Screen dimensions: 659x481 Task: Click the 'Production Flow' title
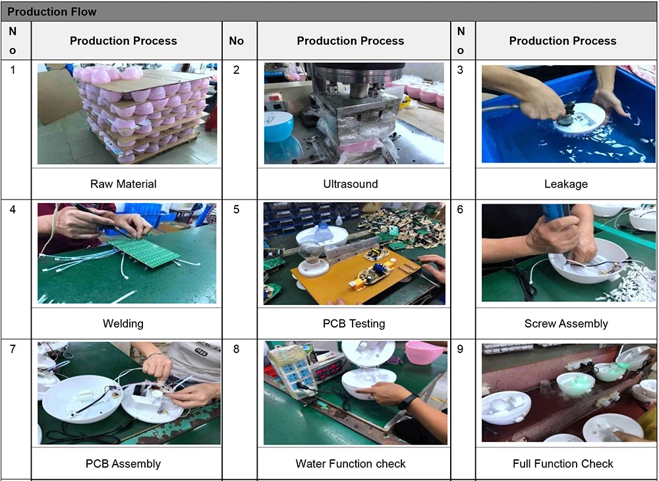point(52,12)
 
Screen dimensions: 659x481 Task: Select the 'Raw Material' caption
point(123,184)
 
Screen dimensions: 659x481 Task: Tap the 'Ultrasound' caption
point(351,184)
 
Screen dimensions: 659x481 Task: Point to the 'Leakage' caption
point(565,184)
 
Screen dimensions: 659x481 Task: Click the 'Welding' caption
point(123,324)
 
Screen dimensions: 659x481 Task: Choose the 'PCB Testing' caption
point(354,324)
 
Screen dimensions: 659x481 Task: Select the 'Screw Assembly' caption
point(566,324)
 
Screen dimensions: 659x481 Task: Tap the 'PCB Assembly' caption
point(123,463)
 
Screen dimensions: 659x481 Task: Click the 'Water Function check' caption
point(351,463)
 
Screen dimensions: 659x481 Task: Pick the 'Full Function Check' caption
point(563,463)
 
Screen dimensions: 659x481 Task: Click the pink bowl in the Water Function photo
point(424,352)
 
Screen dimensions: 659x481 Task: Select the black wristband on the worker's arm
point(407,401)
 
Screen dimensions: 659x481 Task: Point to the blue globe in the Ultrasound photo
point(279,127)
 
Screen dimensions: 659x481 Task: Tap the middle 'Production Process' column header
point(351,41)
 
